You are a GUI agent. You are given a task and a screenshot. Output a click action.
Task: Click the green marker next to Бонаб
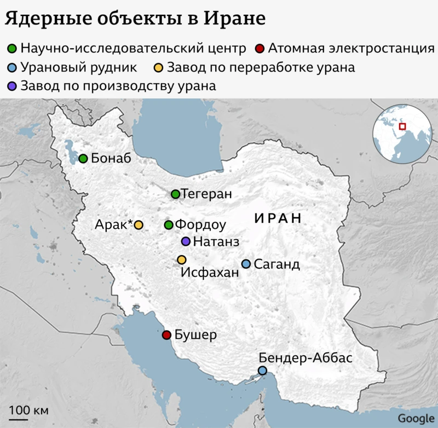(83, 159)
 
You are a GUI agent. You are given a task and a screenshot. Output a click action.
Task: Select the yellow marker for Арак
(139, 225)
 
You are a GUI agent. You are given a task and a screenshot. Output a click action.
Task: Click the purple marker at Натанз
(186, 241)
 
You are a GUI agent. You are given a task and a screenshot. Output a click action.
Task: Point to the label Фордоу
(200, 225)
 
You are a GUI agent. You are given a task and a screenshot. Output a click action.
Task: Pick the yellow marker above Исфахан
(182, 259)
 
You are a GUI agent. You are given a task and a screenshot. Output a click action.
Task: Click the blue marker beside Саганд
(246, 264)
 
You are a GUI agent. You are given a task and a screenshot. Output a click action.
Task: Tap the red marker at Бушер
(166, 335)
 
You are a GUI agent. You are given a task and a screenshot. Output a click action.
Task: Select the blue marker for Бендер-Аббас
(263, 371)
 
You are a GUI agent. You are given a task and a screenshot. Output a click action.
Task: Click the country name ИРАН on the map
(278, 218)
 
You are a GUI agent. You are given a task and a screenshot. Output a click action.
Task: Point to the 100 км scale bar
(18, 419)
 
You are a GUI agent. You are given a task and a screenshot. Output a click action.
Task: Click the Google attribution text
(416, 418)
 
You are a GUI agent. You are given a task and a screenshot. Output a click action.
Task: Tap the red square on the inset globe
(402, 126)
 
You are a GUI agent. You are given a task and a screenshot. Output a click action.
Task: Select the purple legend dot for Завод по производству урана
(12, 86)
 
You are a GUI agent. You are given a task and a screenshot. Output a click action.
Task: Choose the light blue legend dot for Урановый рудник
(12, 68)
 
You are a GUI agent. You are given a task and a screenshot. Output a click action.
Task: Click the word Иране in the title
(234, 18)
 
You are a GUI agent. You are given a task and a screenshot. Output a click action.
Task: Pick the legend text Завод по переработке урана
(261, 68)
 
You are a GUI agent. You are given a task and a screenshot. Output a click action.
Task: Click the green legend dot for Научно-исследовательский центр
(12, 49)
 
